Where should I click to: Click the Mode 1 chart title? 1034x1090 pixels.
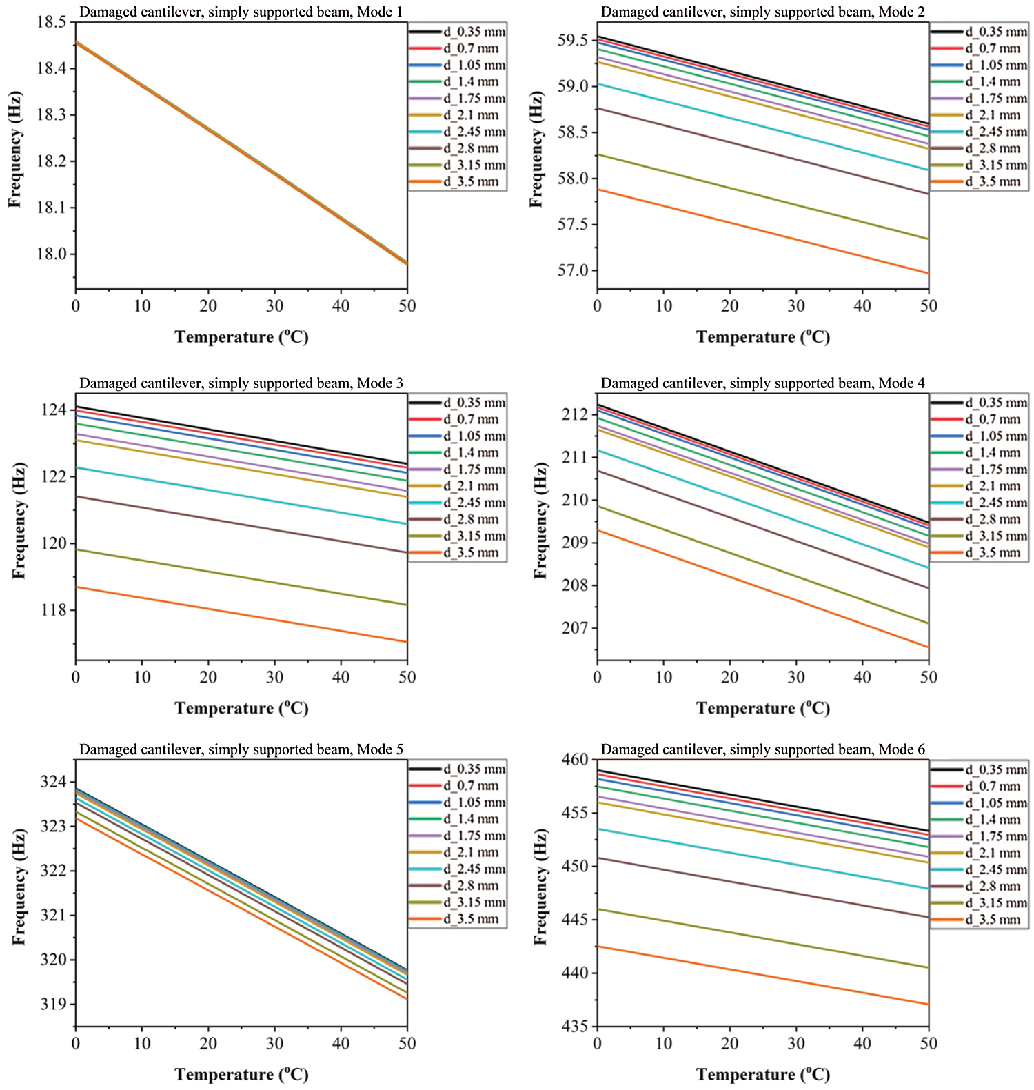pyautogui.click(x=241, y=12)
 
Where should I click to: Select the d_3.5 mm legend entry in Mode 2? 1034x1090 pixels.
pyautogui.click(x=992, y=182)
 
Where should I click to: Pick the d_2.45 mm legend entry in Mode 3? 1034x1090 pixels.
pyautogui.click(x=474, y=503)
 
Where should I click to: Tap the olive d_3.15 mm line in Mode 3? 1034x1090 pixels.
pyautogui.click(x=241, y=578)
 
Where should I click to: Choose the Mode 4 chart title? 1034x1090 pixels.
pyautogui.click(x=762, y=383)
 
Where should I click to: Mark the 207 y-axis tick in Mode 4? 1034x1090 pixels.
pyautogui.click(x=576, y=628)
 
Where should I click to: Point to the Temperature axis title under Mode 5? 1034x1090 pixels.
pyautogui.click(x=241, y=1074)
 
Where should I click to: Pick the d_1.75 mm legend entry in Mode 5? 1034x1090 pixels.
pyautogui.click(x=474, y=836)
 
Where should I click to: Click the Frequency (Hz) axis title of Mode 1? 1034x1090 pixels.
pyautogui.click(x=15, y=149)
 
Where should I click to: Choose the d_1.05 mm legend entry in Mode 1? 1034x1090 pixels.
pyautogui.click(x=474, y=65)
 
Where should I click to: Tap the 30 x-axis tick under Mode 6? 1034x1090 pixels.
pyautogui.click(x=796, y=1043)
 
